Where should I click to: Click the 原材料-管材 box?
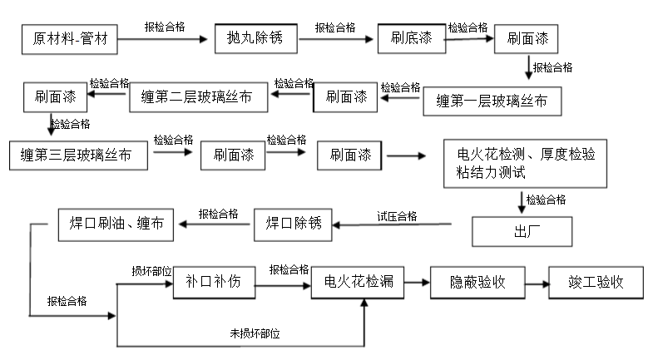[70, 38]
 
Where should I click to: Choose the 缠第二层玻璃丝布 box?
[198, 97]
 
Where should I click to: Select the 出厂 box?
[522, 231]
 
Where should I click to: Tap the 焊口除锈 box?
[292, 223]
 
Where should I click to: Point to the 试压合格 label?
[397, 216]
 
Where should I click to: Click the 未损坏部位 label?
[255, 333]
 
